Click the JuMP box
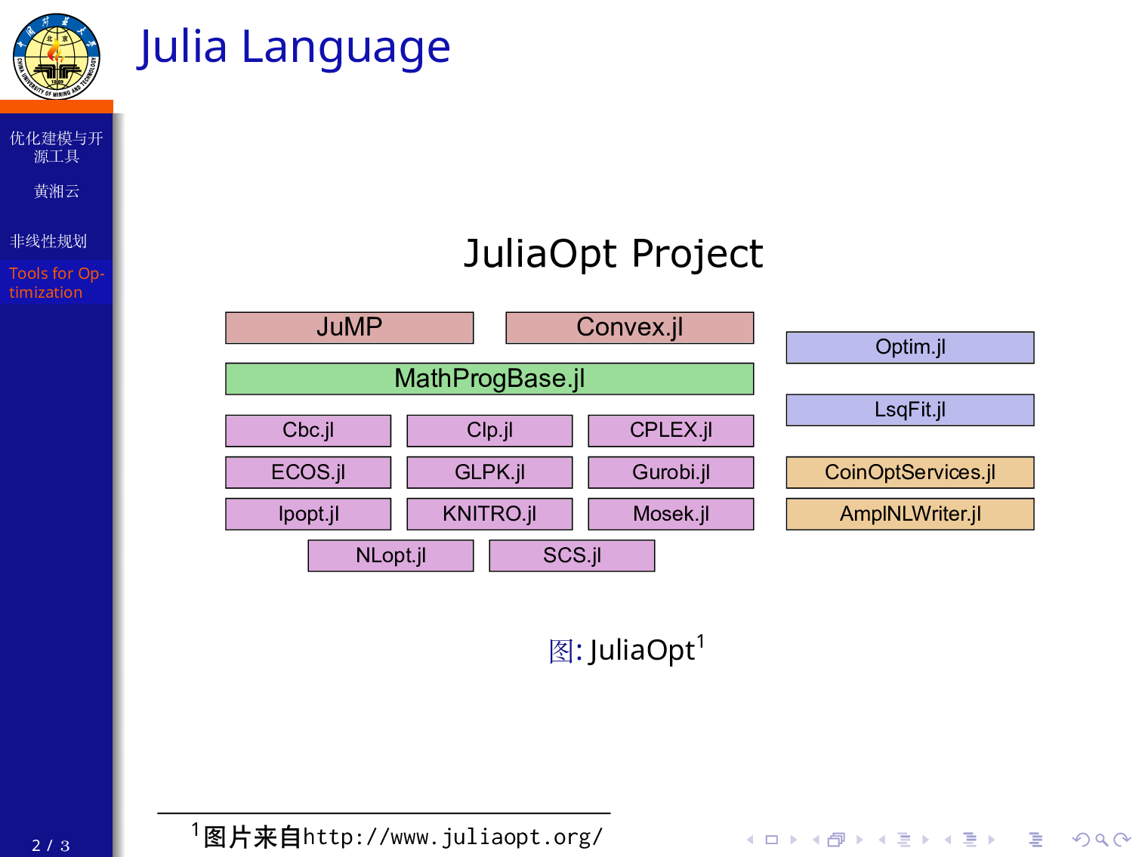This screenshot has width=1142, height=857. click(x=349, y=328)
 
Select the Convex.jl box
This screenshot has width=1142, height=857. click(x=629, y=328)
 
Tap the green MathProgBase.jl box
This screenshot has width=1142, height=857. click(x=489, y=379)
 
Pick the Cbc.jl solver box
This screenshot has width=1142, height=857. click(x=308, y=431)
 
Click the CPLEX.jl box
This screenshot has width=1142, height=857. click(x=671, y=431)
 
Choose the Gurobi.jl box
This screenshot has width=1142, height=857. click(x=671, y=472)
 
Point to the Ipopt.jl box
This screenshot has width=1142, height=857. click(x=308, y=514)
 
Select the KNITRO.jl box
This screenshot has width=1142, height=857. click(x=489, y=514)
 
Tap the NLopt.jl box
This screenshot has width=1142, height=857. click(x=390, y=555)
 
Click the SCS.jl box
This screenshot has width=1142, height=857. click(x=572, y=555)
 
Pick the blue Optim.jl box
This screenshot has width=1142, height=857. click(x=910, y=348)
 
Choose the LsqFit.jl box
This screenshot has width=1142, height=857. click(x=910, y=410)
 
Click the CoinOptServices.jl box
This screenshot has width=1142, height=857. click(x=910, y=472)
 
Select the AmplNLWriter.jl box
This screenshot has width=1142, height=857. click(x=910, y=514)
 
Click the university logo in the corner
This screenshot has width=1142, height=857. click(x=57, y=56)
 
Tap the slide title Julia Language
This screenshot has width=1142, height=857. click(x=294, y=47)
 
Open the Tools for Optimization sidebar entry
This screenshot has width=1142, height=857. click(x=56, y=283)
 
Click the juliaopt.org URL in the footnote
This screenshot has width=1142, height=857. click(x=452, y=837)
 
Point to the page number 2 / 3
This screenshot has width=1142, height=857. click(x=51, y=846)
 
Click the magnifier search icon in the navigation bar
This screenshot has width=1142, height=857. click(x=1101, y=840)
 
